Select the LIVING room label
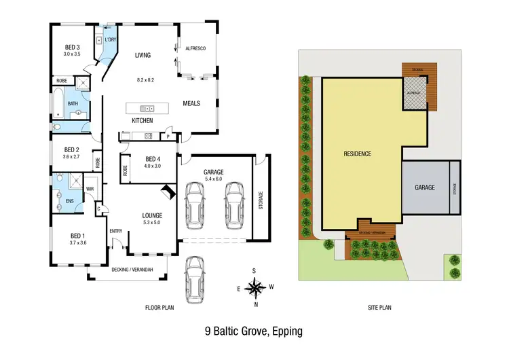[x=143, y=56]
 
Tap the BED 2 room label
[x=72, y=149]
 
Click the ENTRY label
[x=116, y=230]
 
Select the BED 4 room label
[x=153, y=159]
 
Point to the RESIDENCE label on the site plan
[x=357, y=154]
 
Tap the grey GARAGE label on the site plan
[x=425, y=187]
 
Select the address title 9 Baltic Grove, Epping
[x=253, y=332]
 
